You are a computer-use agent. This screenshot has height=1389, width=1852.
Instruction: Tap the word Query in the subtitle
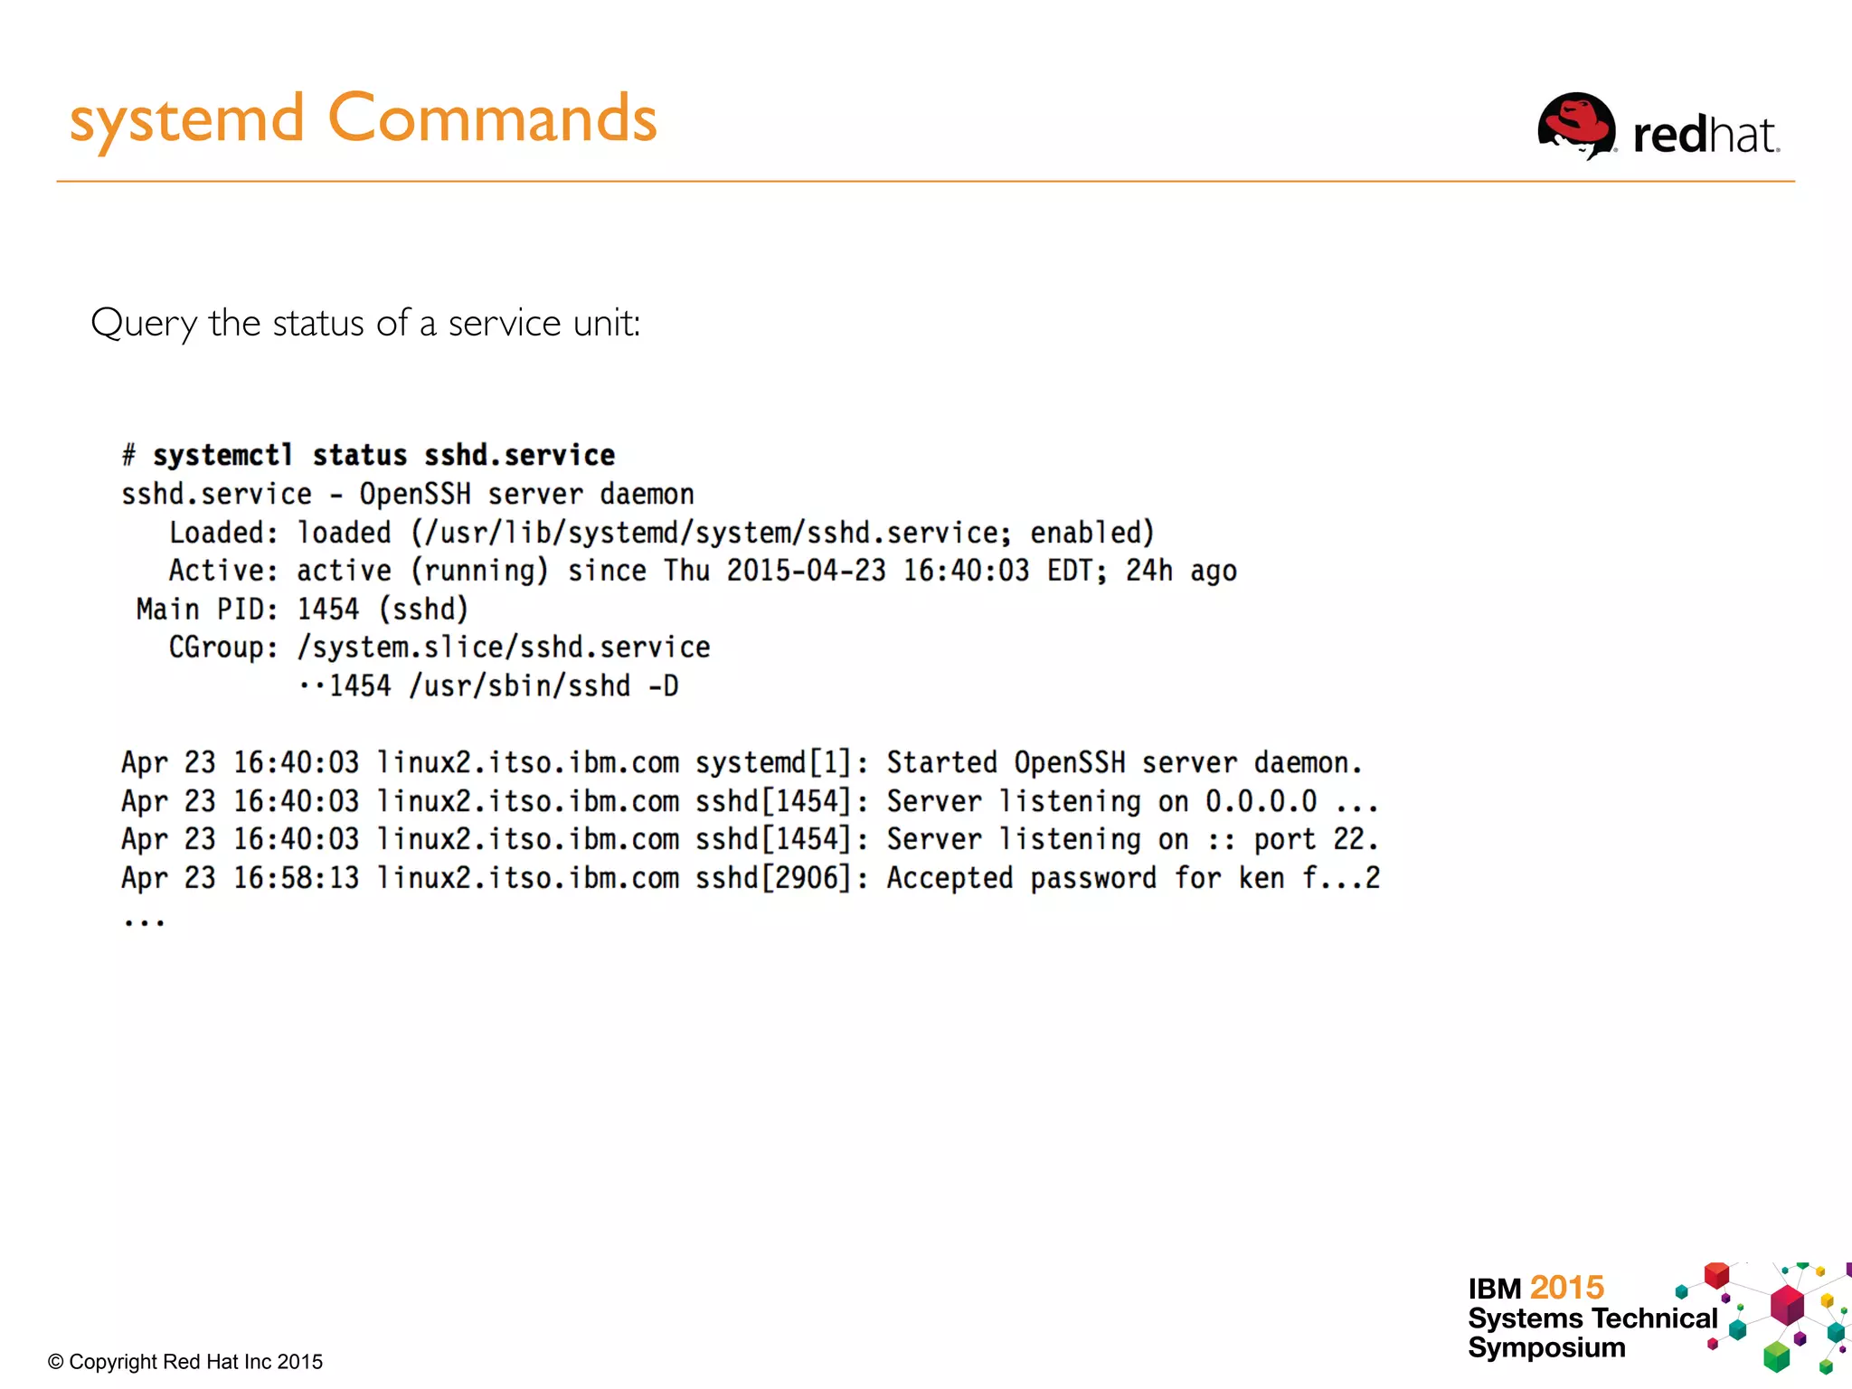[x=144, y=323]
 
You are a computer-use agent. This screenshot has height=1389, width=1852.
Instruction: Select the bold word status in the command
[x=359, y=455]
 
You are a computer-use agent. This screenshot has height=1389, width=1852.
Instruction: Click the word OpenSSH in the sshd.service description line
[x=415, y=494]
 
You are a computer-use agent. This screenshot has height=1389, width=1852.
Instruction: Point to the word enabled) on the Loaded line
[x=1091, y=533]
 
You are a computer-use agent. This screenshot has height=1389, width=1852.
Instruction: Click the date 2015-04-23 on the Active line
[x=806, y=571]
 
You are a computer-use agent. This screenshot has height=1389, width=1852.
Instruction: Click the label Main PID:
[x=207, y=609]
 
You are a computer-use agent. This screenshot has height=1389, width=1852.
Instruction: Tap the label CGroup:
[x=223, y=647]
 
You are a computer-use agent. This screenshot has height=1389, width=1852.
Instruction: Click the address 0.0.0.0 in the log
[x=1261, y=801]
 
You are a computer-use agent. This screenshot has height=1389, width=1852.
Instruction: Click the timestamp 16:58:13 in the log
[x=296, y=878]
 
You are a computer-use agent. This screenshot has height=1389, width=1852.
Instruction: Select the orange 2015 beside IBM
[x=1566, y=1287]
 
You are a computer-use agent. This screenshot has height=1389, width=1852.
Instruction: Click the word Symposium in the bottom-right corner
[x=1546, y=1347]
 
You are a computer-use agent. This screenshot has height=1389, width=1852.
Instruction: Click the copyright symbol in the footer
[x=55, y=1362]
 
